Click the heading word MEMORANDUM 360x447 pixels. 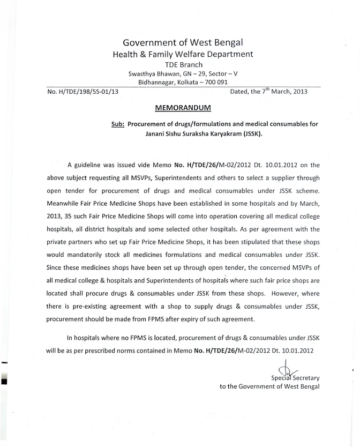point(183,108)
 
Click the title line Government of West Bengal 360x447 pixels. point(183,42)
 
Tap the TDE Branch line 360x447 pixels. point(183,65)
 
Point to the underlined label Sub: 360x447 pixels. point(117,124)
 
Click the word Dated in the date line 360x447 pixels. point(241,92)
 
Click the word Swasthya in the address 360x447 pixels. point(144,74)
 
